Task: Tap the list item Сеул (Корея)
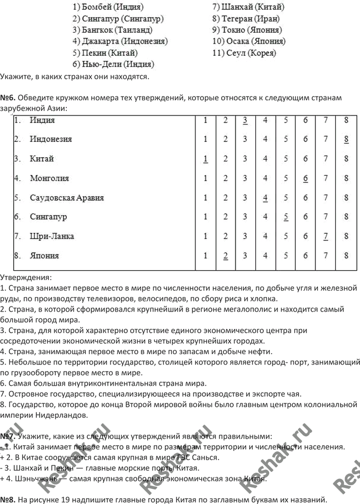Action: click(x=244, y=53)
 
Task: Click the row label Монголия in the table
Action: click(x=49, y=178)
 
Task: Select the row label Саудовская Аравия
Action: click(x=67, y=198)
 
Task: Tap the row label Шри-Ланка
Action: click(x=52, y=236)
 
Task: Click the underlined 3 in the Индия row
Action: click(x=245, y=120)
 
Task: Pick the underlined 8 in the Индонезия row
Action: click(x=346, y=139)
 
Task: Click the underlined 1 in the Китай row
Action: click(x=205, y=159)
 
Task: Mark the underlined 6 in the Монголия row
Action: click(x=305, y=178)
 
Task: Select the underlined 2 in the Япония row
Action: click(x=225, y=256)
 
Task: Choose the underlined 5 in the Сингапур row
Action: click(x=286, y=217)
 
